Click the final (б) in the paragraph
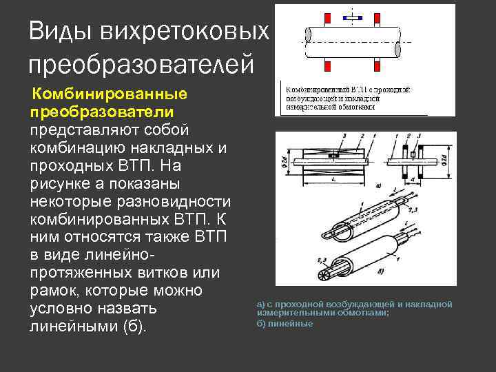(x=133, y=327)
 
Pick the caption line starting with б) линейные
(x=285, y=323)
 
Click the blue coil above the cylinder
(x=353, y=17)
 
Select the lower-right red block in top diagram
(x=378, y=65)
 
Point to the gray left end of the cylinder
(x=307, y=41)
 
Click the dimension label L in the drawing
(x=333, y=179)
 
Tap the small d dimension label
(x=411, y=178)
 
